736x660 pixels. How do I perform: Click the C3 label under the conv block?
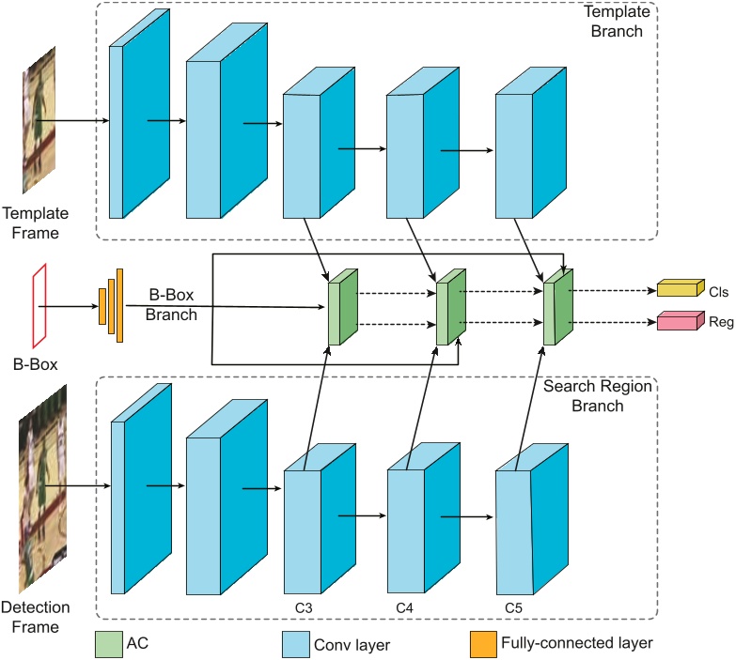pyautogui.click(x=303, y=606)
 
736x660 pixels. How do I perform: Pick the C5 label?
pyautogui.click(x=513, y=606)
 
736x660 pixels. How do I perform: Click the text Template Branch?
pyautogui.click(x=613, y=22)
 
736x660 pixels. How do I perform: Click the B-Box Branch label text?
pyautogui.click(x=172, y=305)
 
